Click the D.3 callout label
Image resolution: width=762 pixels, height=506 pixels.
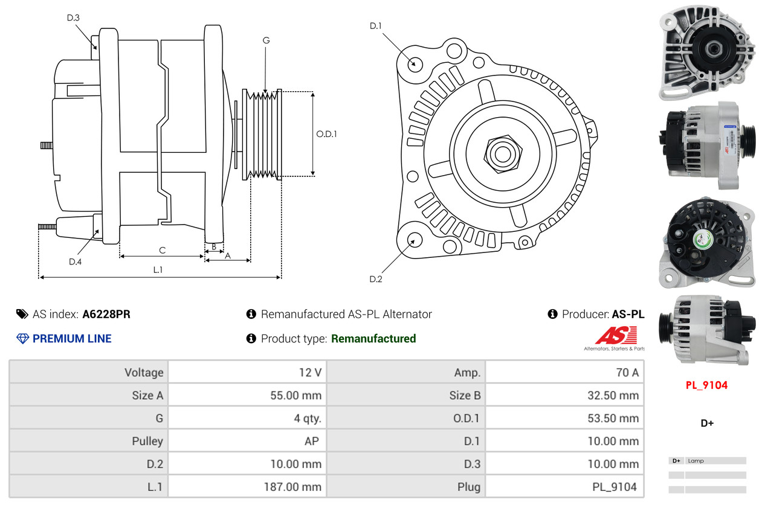(x=73, y=18)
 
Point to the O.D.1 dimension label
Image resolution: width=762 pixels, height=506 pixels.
(x=326, y=134)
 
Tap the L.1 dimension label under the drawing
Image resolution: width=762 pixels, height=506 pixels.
(x=158, y=270)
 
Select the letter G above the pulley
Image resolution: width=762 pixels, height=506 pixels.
(x=266, y=40)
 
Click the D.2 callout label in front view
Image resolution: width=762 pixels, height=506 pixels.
(x=376, y=279)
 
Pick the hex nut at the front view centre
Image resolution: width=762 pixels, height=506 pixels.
(x=502, y=153)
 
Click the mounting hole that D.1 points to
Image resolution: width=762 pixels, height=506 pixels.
(x=415, y=63)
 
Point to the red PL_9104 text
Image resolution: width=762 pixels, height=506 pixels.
(x=706, y=385)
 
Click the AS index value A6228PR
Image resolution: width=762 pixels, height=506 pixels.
(x=106, y=314)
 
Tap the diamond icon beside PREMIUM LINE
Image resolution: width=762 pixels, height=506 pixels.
(x=22, y=339)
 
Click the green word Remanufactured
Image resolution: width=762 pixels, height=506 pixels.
(x=373, y=339)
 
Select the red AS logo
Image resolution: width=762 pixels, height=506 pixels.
(x=616, y=335)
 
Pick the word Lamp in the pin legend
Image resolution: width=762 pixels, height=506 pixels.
(x=696, y=461)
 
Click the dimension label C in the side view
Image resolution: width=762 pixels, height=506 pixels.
(x=162, y=250)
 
